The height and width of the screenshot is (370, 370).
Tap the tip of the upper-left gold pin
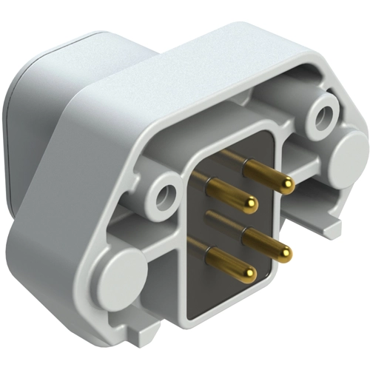point(251,204)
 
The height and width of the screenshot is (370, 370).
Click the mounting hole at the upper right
point(323,115)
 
